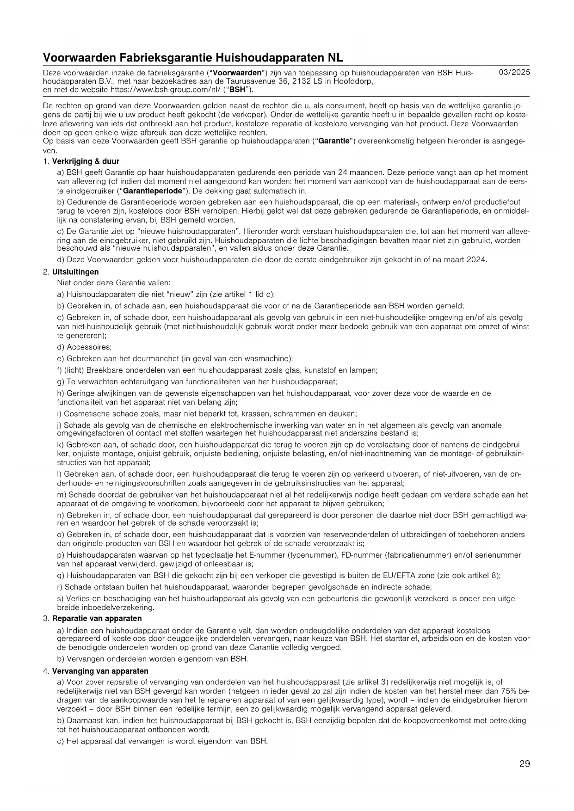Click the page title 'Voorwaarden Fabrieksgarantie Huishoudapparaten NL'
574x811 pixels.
(x=193, y=58)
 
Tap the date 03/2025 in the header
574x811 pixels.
(x=514, y=73)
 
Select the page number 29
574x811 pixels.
(x=525, y=763)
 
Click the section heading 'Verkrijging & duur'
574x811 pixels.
(x=86, y=161)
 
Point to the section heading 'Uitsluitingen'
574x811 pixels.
(x=75, y=272)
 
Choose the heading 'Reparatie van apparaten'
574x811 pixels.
(x=97, y=618)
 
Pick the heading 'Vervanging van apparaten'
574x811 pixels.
(x=100, y=671)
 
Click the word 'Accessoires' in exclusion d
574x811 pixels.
(x=88, y=347)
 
